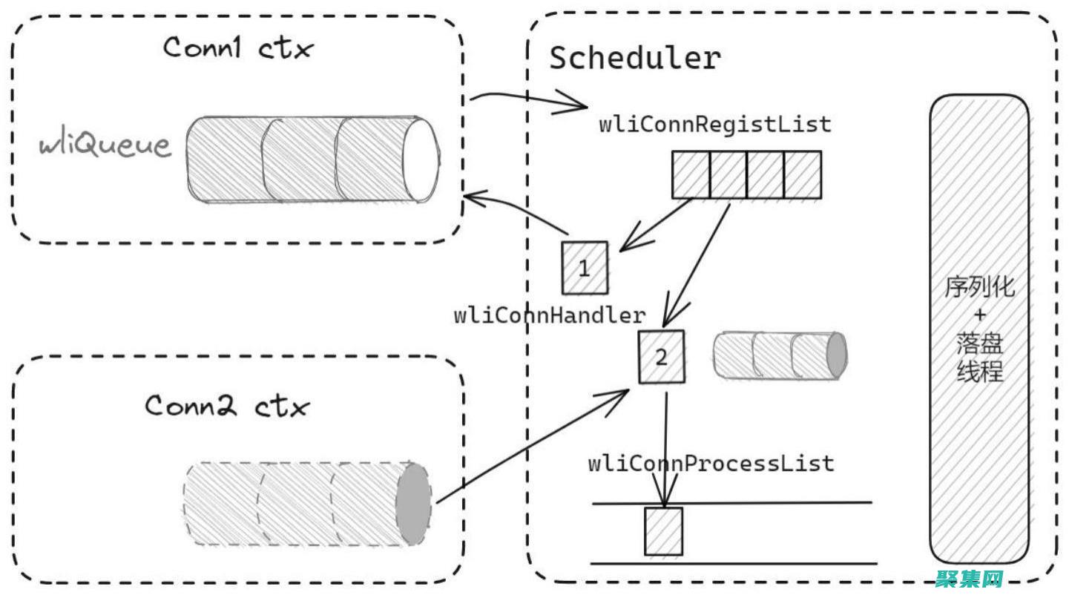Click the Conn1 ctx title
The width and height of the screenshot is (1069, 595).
coord(238,49)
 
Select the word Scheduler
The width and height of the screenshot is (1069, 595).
coord(635,59)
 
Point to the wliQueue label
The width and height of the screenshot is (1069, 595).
coord(105,145)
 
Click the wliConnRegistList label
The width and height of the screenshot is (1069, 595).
coord(715,125)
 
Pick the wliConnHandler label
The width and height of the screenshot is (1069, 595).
coord(550,315)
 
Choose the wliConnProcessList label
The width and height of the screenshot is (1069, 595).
coord(711,464)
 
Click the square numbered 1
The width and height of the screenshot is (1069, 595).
coord(585,268)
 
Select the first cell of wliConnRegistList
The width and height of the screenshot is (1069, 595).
coord(691,175)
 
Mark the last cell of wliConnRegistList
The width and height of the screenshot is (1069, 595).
coord(803,175)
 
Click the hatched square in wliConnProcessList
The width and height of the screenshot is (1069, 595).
coord(663,531)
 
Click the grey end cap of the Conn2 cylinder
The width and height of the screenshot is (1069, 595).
coord(413,504)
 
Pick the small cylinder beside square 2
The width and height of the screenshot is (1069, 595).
coord(779,355)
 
